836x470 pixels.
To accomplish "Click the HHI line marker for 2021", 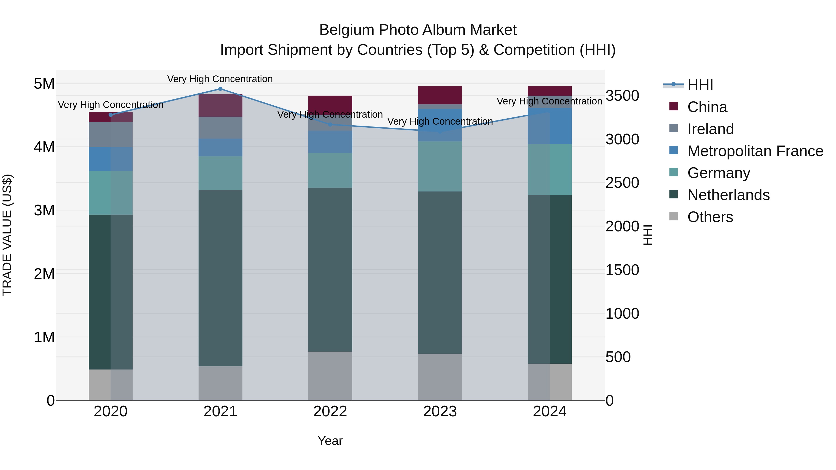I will [x=220, y=89].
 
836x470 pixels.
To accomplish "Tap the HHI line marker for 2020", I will [x=111, y=115].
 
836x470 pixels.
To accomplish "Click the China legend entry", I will [x=707, y=107].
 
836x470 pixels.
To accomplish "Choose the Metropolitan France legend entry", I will [x=755, y=151].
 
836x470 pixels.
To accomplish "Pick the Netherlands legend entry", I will [x=728, y=195].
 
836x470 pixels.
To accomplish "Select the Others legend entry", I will [x=710, y=217].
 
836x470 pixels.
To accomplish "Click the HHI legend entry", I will [x=700, y=85].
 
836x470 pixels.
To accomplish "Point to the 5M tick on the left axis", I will [x=44, y=84].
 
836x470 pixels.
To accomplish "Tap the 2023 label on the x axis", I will [x=440, y=412].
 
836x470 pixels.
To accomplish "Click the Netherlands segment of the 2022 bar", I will [x=330, y=269].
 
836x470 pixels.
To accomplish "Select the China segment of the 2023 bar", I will [x=440, y=95].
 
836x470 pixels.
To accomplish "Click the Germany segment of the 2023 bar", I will [x=440, y=166].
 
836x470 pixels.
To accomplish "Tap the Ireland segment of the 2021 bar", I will [x=220, y=128].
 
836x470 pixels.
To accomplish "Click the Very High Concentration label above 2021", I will [x=220, y=79].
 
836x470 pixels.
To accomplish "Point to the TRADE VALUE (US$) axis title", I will [x=7, y=235].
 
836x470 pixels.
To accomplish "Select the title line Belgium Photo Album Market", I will [x=418, y=30].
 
